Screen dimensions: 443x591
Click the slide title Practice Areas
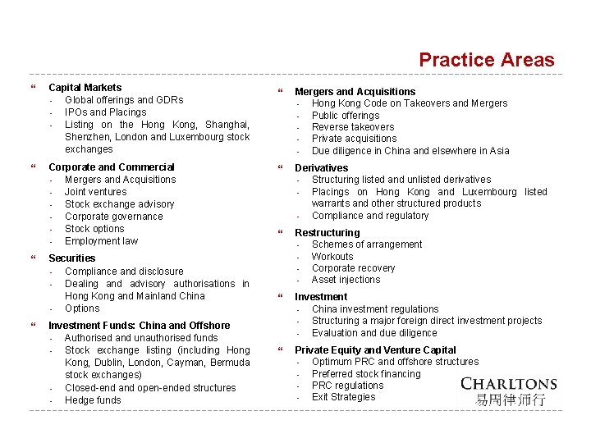[486, 60]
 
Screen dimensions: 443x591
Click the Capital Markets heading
[85, 88]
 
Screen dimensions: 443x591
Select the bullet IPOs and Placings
[105, 112]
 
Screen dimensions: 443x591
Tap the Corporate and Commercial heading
[112, 167]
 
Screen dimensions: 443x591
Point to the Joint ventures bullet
[95, 192]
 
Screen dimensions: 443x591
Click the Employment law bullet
[101, 241]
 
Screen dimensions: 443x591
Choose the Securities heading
[72, 258]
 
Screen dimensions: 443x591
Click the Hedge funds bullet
[93, 400]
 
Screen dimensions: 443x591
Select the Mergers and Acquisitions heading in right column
[355, 92]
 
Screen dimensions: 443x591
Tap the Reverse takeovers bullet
[353, 127]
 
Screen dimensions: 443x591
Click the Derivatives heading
[321, 168]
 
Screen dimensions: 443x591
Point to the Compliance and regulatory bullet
[370, 216]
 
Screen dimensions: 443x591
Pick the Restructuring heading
[328, 233]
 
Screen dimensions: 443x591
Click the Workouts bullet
[333, 257]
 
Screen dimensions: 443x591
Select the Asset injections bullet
[346, 280]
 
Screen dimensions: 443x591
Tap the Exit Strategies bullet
[343, 397]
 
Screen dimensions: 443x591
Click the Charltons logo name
[508, 384]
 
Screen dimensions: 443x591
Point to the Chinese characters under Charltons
[510, 400]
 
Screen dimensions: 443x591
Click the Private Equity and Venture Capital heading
[375, 350]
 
